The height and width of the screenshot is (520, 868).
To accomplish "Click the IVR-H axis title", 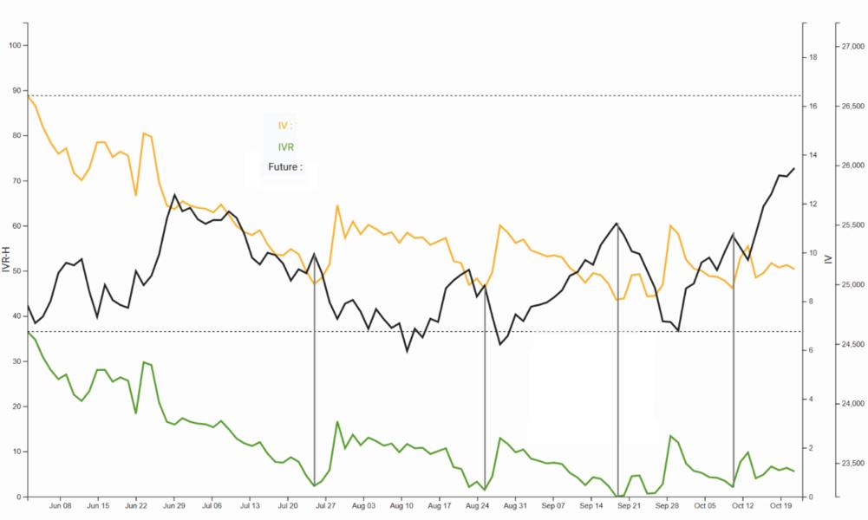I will (6, 260).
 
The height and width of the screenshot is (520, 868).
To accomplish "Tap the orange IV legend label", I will (284, 126).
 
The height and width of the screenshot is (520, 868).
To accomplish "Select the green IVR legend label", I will (285, 147).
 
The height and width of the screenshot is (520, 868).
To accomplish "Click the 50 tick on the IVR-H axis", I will (16, 271).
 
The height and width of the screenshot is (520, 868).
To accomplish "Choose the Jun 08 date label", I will (60, 504).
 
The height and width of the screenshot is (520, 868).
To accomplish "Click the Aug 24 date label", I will (478, 504).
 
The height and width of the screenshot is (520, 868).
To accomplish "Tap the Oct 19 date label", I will (781, 504).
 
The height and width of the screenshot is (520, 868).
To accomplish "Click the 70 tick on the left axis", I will (16, 181).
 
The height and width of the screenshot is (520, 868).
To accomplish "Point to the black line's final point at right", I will (793, 168).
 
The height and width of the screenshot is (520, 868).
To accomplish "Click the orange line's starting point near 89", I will (29, 96).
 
